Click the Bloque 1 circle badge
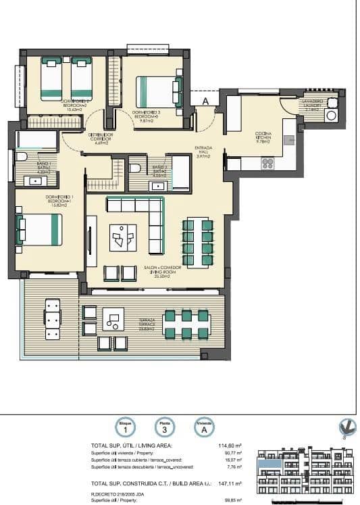pos(124,428)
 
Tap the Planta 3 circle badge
pos(164,428)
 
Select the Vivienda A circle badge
pos(204,428)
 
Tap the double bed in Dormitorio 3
pos(159,91)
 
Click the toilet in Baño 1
pos(21,157)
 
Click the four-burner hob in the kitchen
pos(267,162)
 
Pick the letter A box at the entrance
pos(205,101)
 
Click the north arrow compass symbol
pos(347,427)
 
